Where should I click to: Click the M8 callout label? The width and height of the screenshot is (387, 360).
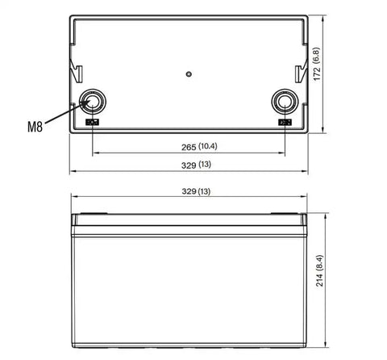[35, 127]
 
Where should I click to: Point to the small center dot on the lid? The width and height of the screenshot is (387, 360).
[189, 74]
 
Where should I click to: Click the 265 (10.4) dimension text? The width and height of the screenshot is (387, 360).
[199, 147]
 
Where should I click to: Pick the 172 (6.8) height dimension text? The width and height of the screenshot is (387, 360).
[317, 64]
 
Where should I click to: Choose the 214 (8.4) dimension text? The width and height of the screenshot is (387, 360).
[319, 270]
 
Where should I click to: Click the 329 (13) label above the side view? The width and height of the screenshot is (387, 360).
[196, 191]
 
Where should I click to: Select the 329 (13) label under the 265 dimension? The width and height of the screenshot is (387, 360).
[196, 165]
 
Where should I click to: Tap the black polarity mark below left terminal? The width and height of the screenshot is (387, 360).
[92, 123]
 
